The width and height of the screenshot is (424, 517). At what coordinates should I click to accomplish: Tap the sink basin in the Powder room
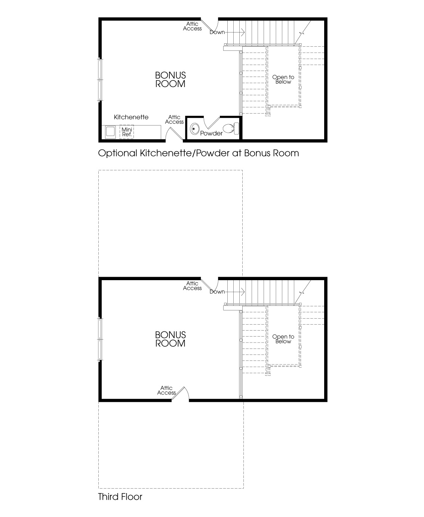[194, 129]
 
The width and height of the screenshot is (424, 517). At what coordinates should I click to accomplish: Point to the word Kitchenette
[131, 117]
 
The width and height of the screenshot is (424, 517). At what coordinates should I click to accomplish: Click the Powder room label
[211, 133]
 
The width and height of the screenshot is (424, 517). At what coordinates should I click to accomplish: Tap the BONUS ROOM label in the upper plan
[170, 80]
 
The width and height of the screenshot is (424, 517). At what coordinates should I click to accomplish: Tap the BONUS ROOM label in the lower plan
[170, 339]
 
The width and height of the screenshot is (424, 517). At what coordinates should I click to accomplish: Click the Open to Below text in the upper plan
[283, 80]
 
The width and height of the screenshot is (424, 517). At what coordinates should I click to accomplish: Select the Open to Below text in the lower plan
[283, 339]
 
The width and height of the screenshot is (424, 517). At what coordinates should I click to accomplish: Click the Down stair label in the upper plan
[217, 32]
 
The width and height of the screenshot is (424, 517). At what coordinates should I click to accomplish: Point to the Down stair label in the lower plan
[217, 292]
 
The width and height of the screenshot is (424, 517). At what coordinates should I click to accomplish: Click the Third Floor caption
[120, 497]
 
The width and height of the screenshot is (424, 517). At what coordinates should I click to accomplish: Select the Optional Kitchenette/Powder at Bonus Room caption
[198, 153]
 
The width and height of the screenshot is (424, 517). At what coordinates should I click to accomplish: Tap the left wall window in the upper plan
[100, 79]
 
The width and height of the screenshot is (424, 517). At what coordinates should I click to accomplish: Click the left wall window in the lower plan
[100, 339]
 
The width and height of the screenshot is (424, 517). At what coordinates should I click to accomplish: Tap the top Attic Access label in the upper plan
[192, 26]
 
